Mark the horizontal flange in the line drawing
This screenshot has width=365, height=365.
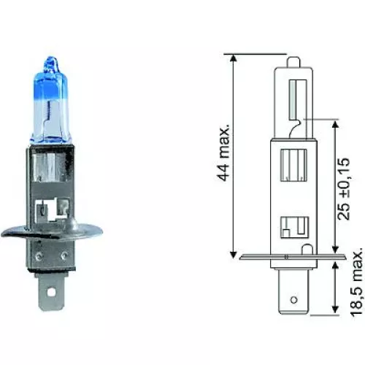click(x=288, y=255)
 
